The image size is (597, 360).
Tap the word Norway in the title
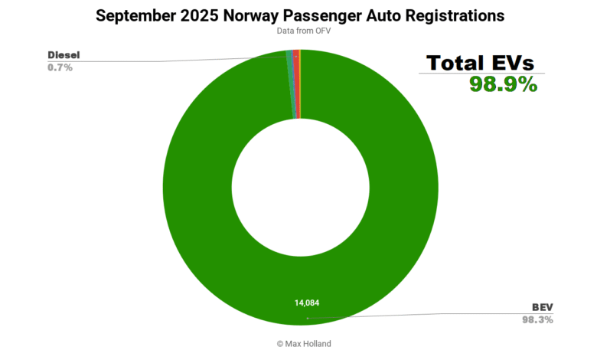(x=250, y=15)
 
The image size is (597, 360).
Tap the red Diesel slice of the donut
(x=296, y=84)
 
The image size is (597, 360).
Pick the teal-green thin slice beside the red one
(x=290, y=84)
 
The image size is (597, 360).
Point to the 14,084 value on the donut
(x=306, y=303)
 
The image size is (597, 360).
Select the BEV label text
(x=541, y=306)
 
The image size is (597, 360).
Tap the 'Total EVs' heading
(x=481, y=63)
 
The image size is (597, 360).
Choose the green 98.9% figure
(x=503, y=84)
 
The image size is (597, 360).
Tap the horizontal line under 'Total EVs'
(x=481, y=74)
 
